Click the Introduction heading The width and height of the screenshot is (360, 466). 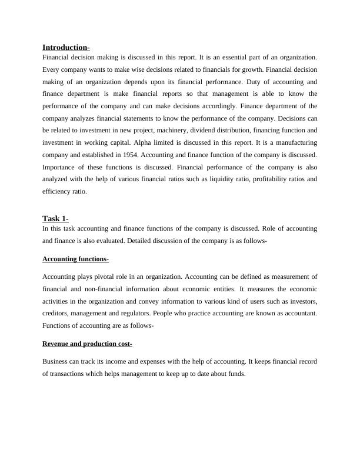pos(66,47)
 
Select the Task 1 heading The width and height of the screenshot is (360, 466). pos(55,219)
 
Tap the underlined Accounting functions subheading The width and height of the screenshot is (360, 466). pos(75,259)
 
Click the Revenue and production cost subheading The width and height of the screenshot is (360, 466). pos(87,344)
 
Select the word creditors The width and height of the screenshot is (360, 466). pos(56,313)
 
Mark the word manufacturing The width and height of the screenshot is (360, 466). pos(295,142)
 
